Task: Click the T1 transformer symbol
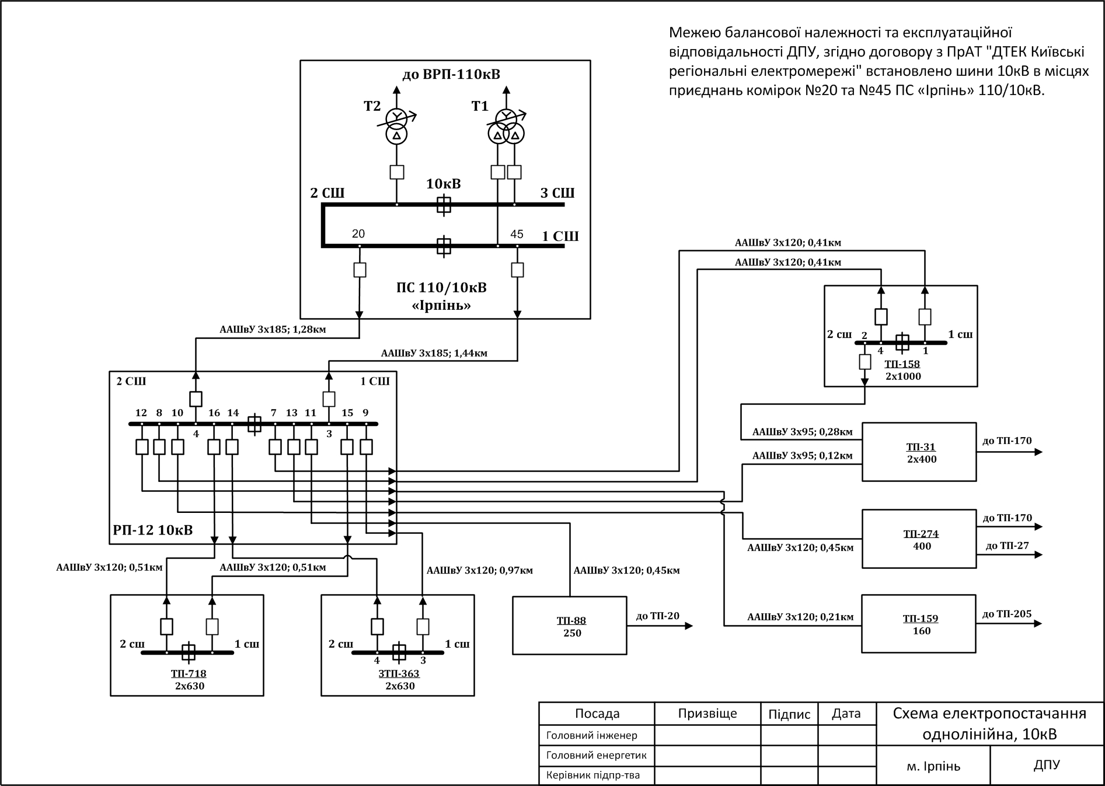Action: [x=506, y=127]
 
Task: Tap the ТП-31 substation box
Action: [x=919, y=452]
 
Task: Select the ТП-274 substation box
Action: [x=919, y=539]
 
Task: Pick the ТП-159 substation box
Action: [x=919, y=624]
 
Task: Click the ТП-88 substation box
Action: [x=569, y=626]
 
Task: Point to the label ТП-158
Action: [x=902, y=365]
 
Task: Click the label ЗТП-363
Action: [x=399, y=674]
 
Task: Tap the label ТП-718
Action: [x=189, y=674]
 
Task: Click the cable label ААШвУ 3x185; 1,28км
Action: [x=273, y=330]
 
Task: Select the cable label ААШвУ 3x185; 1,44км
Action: [x=434, y=354]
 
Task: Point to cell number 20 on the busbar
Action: [x=358, y=234]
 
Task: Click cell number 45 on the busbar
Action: [x=517, y=235]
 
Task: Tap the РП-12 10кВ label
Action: [x=152, y=530]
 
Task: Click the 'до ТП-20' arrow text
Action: [x=657, y=616]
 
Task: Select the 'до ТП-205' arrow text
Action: [x=1007, y=614]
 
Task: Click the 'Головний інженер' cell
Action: [x=592, y=736]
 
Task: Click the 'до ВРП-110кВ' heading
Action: [x=451, y=75]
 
